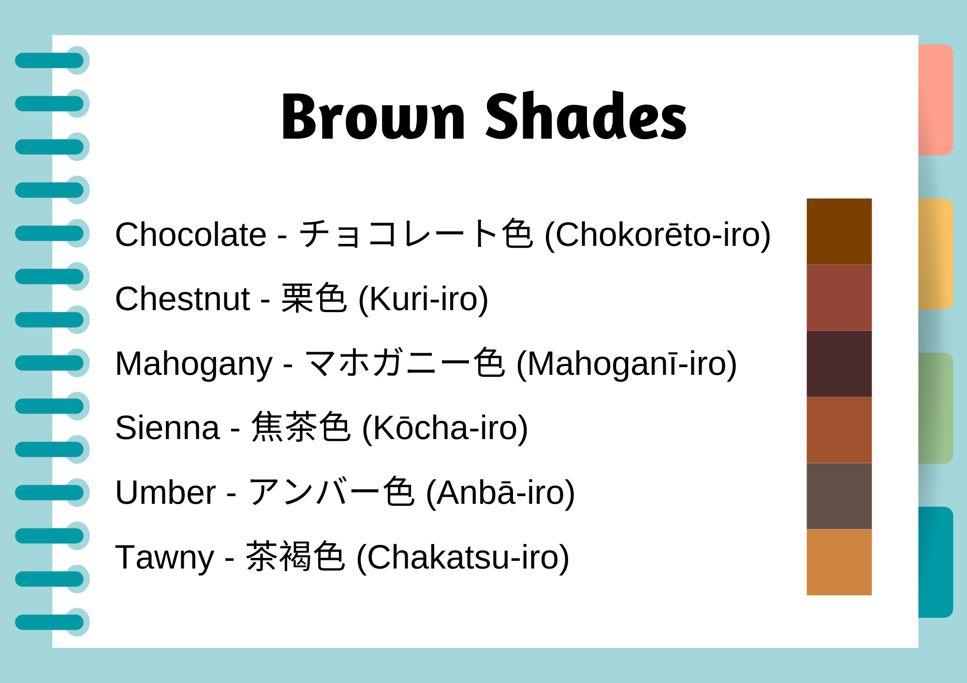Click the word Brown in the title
(373, 117)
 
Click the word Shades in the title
(586, 117)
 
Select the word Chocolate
(190, 235)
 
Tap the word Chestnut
(182, 299)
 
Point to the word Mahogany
(193, 364)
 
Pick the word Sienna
(167, 428)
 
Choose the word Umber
(165, 493)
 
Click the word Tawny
(164, 557)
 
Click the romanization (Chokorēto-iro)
(658, 235)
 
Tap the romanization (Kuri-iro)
(423, 299)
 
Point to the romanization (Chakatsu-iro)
(463, 557)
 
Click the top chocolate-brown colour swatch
(839, 231)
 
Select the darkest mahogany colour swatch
(839, 364)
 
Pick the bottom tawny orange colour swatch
(839, 562)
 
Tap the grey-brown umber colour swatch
(839, 496)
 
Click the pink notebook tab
(936, 100)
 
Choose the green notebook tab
(936, 408)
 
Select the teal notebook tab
(936, 562)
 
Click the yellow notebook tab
(936, 254)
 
